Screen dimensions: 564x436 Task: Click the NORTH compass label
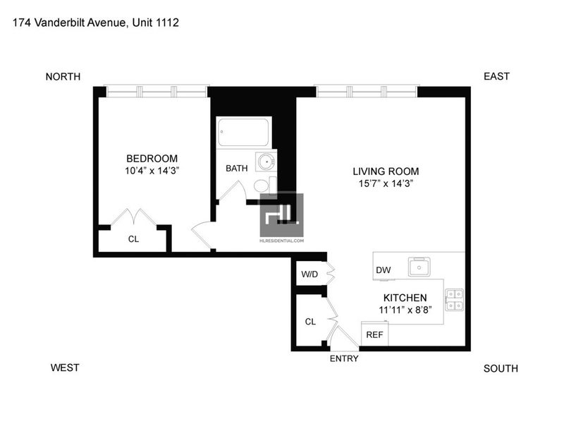[63, 77]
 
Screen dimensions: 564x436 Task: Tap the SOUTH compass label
[501, 369]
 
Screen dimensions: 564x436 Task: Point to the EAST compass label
[497, 76]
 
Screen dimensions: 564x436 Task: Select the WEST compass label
[65, 368]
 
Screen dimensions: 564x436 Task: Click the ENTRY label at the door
[344, 358]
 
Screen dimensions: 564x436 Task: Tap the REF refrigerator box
[375, 334]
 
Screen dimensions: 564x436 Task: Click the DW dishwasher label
[383, 270]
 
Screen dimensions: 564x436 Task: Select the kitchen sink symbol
[419, 267]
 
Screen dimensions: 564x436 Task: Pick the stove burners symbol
[455, 300]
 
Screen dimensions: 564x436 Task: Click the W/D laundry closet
[309, 274]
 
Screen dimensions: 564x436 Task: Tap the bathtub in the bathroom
[243, 132]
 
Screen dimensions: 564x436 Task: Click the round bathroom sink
[266, 162]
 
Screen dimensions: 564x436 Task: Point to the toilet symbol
[265, 186]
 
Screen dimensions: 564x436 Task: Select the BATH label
[237, 168]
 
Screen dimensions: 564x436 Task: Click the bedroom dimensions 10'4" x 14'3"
[152, 171]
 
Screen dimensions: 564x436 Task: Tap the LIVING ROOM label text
[386, 171]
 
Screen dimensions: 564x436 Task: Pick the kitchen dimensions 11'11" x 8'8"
[405, 310]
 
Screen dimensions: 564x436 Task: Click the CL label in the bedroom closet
[133, 239]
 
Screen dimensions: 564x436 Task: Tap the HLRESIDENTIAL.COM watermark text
[281, 241]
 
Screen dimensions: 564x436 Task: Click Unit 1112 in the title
[155, 23]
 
